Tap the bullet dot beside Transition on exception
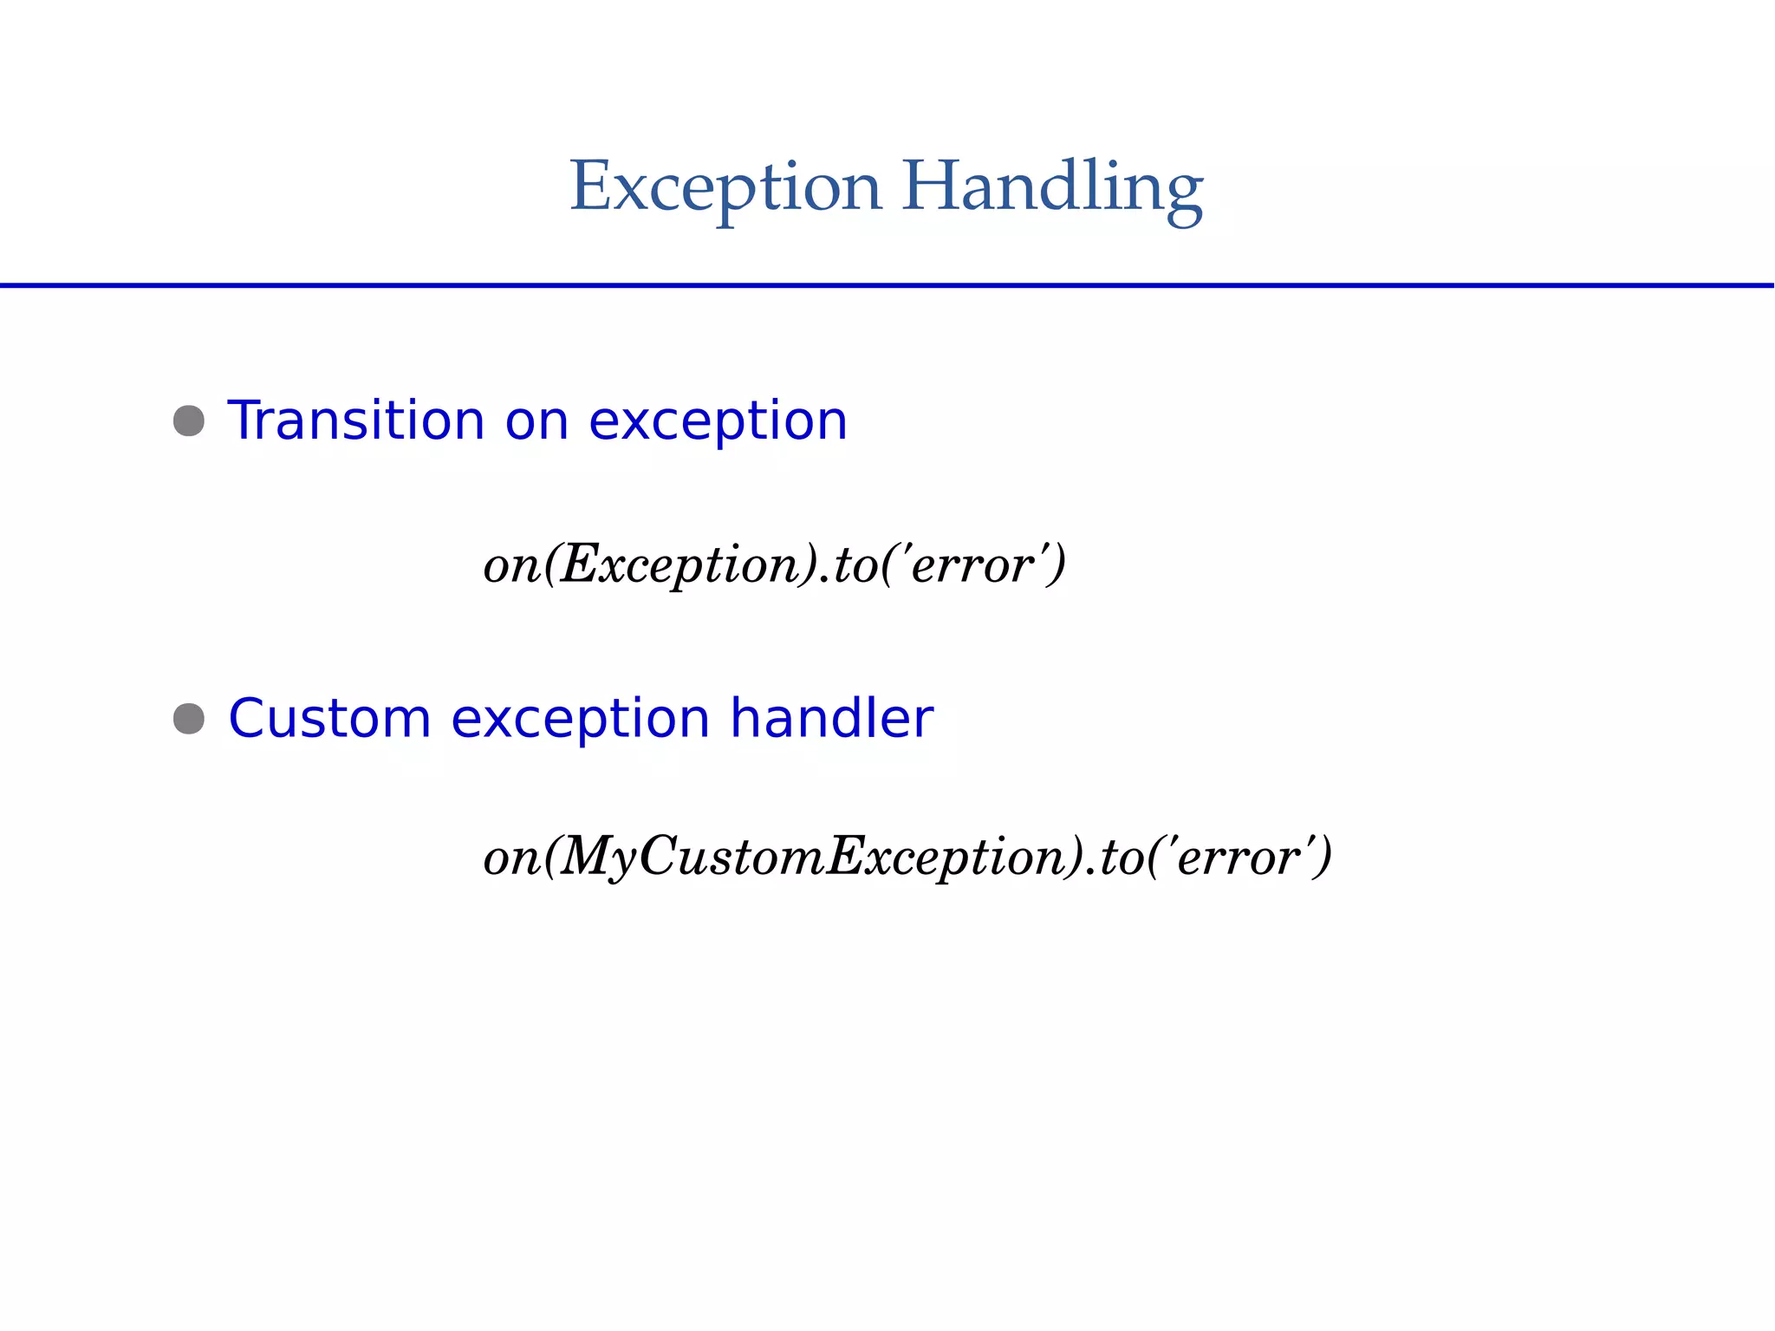[x=189, y=421]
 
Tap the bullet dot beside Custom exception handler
[x=189, y=719]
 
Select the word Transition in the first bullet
[x=354, y=421]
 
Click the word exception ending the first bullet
[x=717, y=422]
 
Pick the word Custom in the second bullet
[x=329, y=719]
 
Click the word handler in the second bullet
[x=831, y=719]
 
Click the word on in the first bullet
[x=536, y=422]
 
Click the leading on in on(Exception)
[x=511, y=566]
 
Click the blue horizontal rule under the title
[x=887, y=284]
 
